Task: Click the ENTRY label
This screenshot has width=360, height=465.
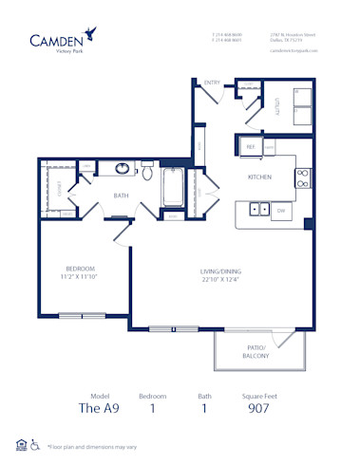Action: pos(212,83)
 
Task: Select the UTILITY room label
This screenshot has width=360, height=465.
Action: pos(277,107)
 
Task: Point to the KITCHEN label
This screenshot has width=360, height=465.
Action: pos(260,177)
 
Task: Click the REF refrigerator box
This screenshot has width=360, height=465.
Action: pos(251,147)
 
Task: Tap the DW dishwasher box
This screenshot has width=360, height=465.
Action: pos(281,209)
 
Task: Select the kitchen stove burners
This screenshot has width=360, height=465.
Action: pos(303,174)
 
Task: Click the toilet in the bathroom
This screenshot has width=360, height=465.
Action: pos(147,172)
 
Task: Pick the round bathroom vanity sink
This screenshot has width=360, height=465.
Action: pos(122,170)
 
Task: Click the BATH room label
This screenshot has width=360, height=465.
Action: pos(122,196)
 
